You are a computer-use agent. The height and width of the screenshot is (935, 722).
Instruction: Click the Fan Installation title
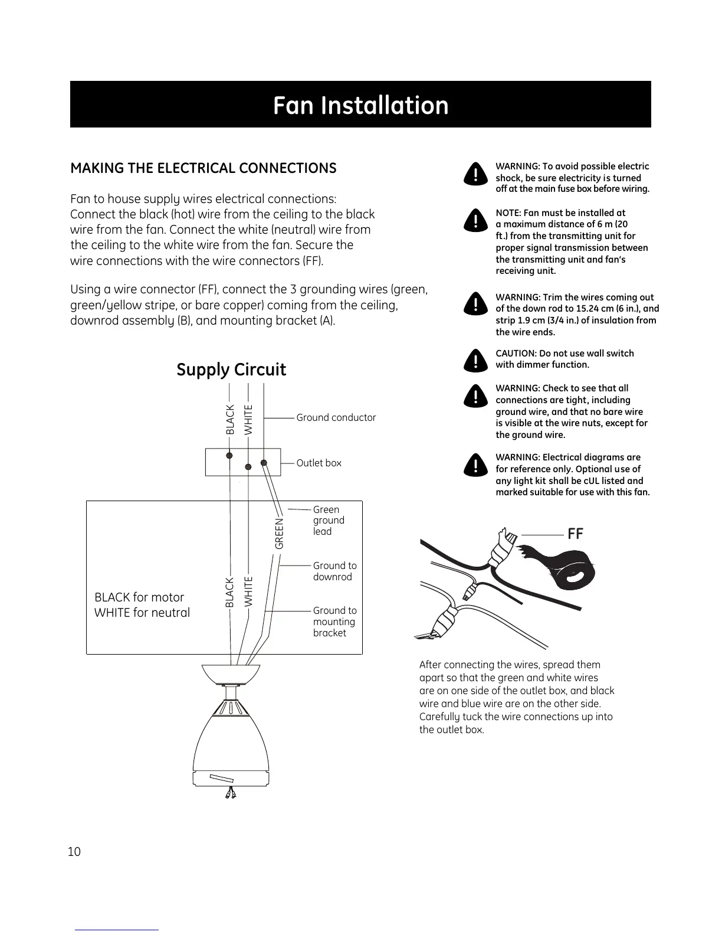[x=360, y=105]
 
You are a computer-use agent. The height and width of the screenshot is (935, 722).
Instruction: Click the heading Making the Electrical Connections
[x=203, y=168]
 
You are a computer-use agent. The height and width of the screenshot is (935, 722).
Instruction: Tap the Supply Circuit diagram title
[x=231, y=370]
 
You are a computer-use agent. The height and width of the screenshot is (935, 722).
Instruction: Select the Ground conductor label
[x=336, y=417]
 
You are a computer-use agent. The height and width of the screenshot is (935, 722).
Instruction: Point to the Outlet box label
[x=319, y=463]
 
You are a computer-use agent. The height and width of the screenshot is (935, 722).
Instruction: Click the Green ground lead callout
[x=329, y=520]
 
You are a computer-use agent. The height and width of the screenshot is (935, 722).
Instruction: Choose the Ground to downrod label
[x=334, y=571]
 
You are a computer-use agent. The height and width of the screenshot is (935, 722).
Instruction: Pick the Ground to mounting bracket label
[x=334, y=622]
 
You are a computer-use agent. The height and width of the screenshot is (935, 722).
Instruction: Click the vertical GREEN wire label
[x=280, y=534]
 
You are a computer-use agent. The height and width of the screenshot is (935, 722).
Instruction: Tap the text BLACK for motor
[x=139, y=597]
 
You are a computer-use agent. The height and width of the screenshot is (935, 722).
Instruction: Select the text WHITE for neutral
[x=142, y=613]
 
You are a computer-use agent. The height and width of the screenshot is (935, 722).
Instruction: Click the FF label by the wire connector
[x=575, y=534]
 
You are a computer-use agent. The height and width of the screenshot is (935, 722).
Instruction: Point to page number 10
[x=74, y=852]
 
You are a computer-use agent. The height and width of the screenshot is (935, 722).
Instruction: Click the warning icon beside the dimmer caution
[x=474, y=359]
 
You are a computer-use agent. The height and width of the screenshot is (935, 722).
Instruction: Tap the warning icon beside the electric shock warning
[x=474, y=173]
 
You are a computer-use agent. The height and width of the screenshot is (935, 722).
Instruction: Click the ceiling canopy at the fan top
[x=231, y=674]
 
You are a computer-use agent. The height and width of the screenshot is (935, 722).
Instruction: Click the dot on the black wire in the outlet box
[x=229, y=455]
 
